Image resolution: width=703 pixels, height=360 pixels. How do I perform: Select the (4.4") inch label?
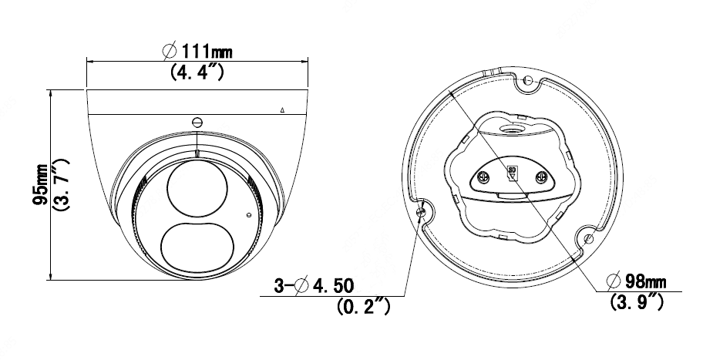click(197, 72)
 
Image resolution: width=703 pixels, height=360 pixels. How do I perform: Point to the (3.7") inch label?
click(61, 184)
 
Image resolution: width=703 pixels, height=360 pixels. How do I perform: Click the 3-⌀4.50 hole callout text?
click(314, 285)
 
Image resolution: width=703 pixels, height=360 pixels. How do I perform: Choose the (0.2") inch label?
click(364, 306)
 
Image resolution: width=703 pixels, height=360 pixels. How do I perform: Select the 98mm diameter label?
click(636, 281)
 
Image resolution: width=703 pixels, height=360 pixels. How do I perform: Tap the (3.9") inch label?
click(637, 301)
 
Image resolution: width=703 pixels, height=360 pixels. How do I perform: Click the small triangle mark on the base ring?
click(282, 109)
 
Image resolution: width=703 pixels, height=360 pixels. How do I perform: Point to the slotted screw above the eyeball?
click(197, 122)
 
